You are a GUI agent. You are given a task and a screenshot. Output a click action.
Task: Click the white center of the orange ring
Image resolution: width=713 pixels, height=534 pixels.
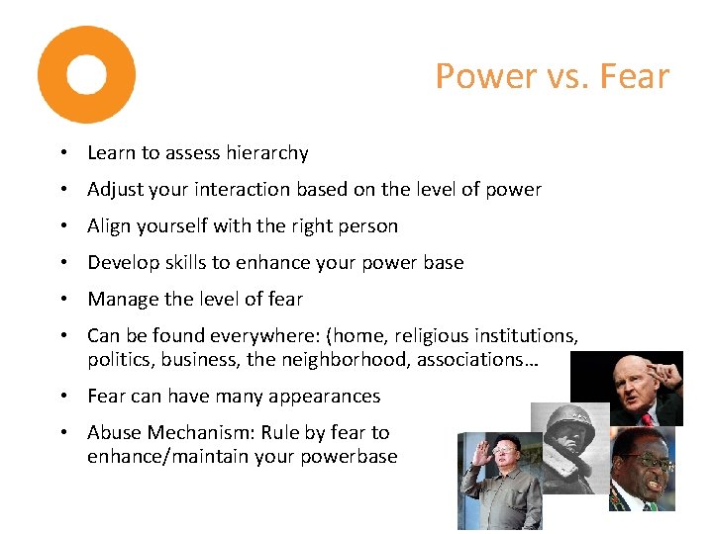click(x=86, y=75)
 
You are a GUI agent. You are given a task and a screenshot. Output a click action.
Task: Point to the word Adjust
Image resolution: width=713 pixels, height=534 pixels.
click(x=114, y=190)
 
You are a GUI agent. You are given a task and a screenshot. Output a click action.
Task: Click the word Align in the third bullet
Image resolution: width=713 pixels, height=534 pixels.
click(x=109, y=226)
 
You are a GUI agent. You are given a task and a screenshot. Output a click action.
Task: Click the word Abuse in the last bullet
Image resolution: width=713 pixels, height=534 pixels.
click(x=113, y=432)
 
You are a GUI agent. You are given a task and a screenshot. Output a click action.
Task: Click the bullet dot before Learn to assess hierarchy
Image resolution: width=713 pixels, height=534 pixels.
click(x=62, y=154)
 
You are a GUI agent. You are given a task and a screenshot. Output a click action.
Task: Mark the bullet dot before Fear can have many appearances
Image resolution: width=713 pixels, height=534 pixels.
click(x=62, y=397)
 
